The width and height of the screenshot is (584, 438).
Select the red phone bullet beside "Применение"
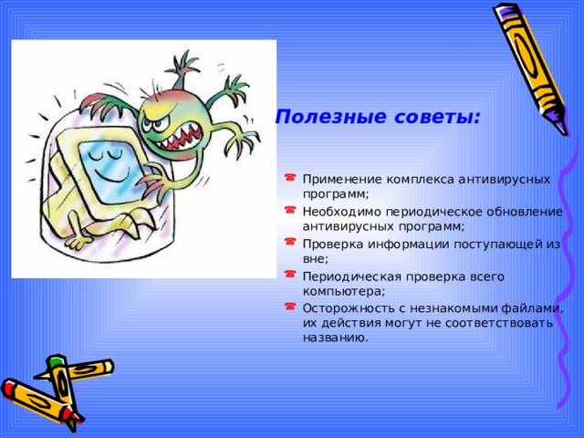point(290,177)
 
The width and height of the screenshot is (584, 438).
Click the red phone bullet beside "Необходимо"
point(290,210)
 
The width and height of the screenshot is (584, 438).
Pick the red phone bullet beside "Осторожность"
point(290,307)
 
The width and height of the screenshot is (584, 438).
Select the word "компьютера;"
point(343,291)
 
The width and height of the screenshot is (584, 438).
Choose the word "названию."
point(335,338)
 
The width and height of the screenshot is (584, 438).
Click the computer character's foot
point(78,242)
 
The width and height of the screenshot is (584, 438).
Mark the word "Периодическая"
point(350,277)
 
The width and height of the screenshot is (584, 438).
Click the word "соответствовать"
point(499,323)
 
